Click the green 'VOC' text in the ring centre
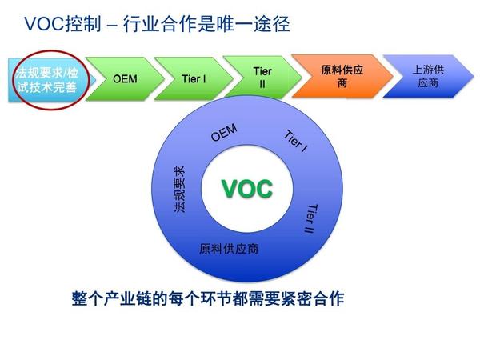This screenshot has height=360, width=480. click(246, 189)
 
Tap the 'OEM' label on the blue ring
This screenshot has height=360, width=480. click(223, 133)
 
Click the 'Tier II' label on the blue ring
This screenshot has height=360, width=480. click(311, 218)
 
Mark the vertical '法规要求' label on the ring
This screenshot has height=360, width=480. click(179, 190)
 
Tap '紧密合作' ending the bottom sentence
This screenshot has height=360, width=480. click(311, 299)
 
